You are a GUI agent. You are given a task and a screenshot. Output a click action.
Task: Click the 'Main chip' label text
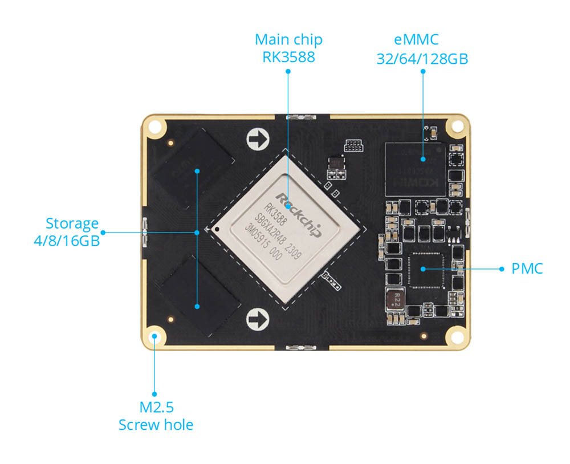[x=288, y=40]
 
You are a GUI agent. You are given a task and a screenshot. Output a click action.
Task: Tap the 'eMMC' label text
[x=422, y=40]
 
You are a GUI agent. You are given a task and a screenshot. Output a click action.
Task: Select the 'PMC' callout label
[x=527, y=269]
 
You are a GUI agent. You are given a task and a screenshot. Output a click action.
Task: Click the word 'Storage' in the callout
[x=72, y=223]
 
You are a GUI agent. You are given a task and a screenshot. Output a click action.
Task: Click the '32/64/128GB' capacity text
[x=422, y=58]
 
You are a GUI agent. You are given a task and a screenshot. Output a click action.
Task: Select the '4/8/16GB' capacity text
[x=67, y=241]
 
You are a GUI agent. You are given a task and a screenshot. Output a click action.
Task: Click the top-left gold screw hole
[x=155, y=125]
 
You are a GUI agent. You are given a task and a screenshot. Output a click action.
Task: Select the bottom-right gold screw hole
[x=457, y=336]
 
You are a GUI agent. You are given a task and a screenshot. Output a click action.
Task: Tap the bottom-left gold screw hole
[x=154, y=336]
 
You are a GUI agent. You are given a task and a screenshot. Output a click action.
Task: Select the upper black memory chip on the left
[x=195, y=170]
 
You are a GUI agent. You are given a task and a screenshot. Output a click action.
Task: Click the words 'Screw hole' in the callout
[x=156, y=425]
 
